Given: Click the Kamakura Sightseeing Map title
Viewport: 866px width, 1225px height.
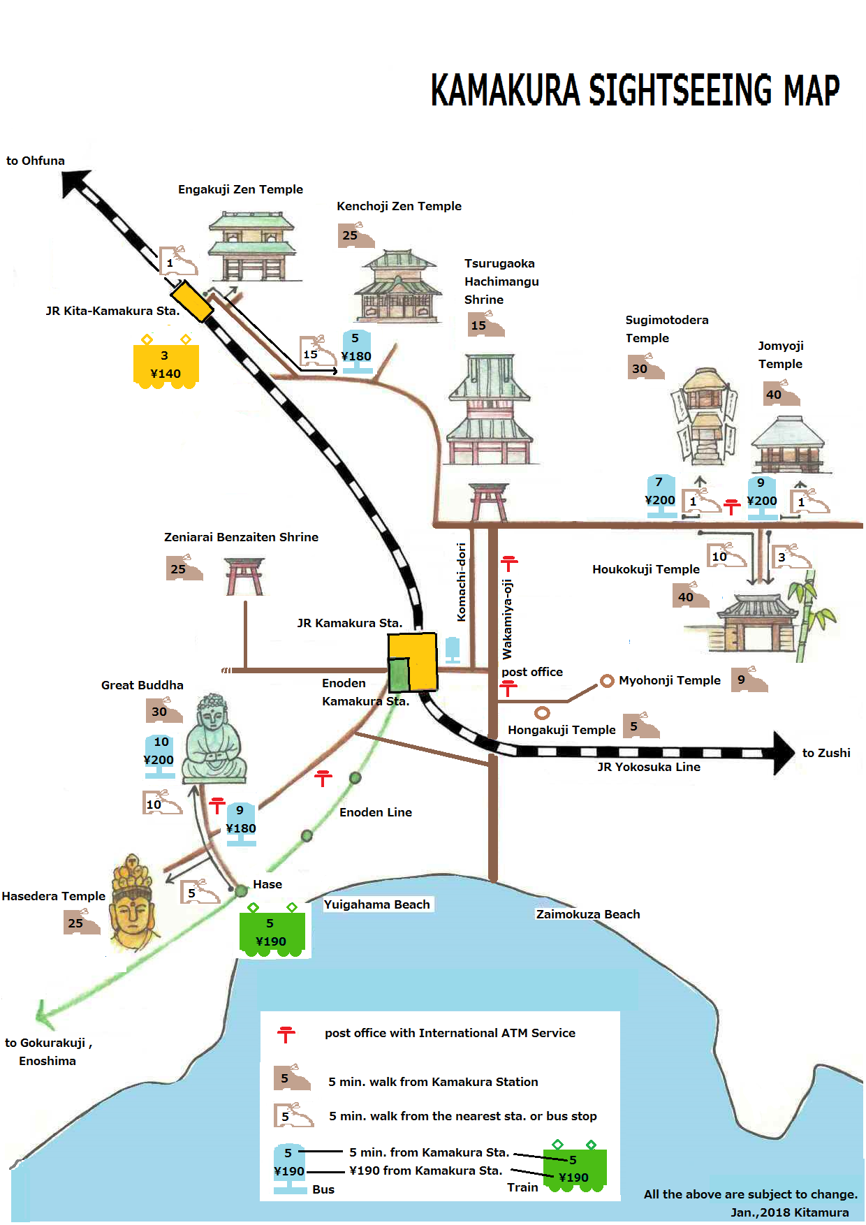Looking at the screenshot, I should point(634,90).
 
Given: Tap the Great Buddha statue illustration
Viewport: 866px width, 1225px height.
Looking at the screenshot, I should point(214,740).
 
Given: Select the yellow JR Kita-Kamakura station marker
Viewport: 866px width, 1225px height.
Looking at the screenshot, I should point(192,301).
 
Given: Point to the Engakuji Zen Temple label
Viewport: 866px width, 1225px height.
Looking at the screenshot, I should point(240,189).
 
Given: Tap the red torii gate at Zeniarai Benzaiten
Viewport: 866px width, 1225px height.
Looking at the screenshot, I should point(244,576).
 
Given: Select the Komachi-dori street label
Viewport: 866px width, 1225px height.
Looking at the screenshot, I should point(461,582).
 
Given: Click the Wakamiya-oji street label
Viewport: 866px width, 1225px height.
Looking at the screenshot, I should point(508,619).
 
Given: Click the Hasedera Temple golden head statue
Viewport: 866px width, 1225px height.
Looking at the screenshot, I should point(133,904).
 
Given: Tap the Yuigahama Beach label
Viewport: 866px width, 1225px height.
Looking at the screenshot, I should point(377,904).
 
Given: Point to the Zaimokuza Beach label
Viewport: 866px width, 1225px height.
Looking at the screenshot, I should point(587,914).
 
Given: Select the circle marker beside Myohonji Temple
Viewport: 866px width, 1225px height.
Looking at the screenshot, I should point(607,680).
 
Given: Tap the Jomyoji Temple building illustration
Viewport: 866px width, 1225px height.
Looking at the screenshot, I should point(788,446).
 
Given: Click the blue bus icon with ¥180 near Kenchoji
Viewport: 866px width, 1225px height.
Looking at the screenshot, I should point(356,351).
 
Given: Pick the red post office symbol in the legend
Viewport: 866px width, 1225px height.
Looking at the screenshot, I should point(286,1034).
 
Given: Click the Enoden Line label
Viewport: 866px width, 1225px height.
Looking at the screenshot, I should point(376,812).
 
